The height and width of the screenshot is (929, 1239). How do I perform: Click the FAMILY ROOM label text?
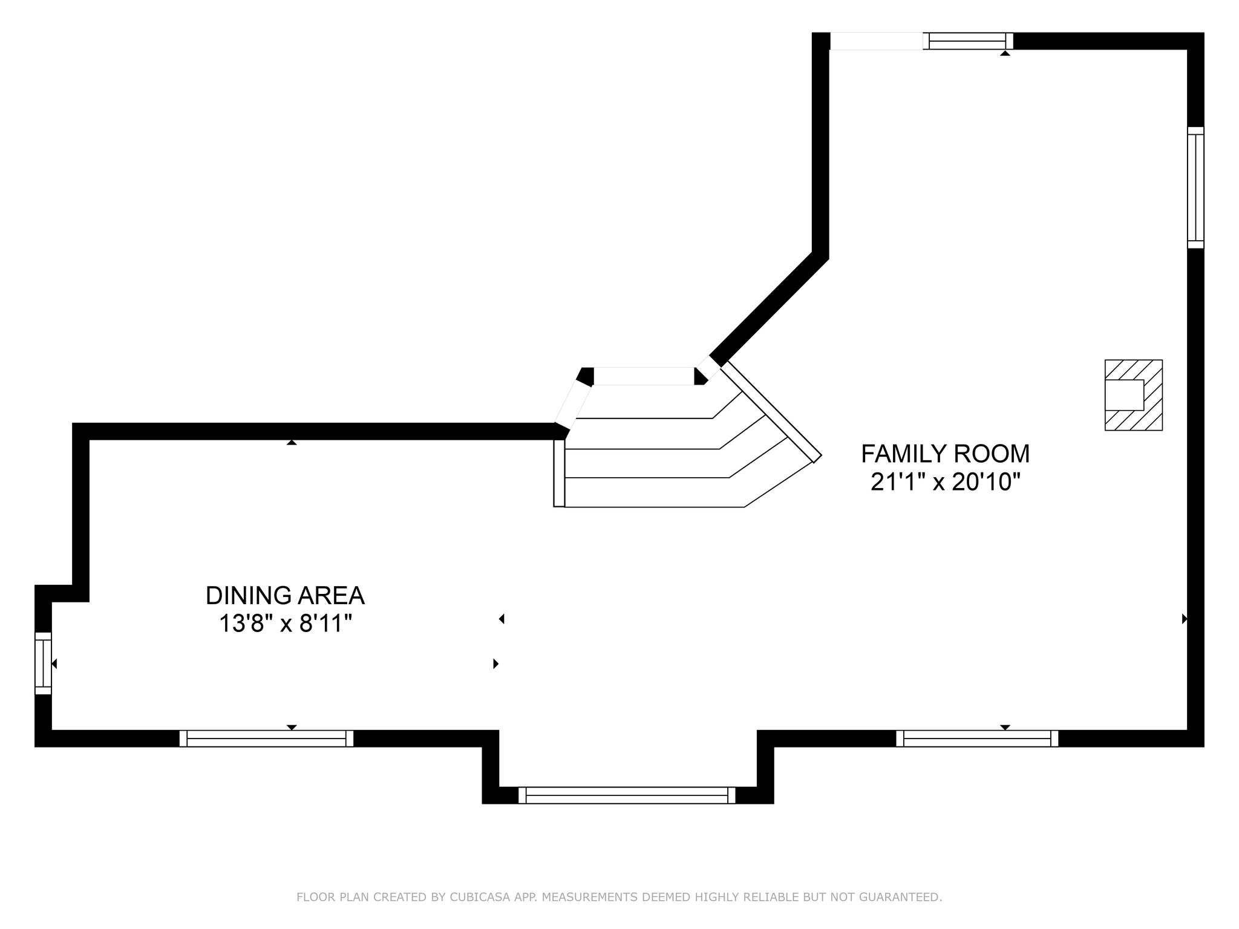pos(945,454)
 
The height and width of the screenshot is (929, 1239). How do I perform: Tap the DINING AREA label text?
pos(285,596)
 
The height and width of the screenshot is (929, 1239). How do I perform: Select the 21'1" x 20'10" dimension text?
pos(945,482)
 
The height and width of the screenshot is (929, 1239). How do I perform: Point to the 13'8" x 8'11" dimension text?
pos(285,624)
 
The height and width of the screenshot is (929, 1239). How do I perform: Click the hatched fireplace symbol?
pos(1134,395)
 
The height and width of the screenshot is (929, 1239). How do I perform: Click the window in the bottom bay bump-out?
pos(627,795)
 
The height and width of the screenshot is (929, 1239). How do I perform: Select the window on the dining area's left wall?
pos(43,663)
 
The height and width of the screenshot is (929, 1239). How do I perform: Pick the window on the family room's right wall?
pos(1195,187)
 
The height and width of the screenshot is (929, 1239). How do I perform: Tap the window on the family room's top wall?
pos(967,41)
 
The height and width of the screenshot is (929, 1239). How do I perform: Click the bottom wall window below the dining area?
pos(266,738)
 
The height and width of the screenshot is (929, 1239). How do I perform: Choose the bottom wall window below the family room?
pos(977,738)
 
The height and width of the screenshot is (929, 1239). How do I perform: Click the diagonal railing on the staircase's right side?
pos(771,412)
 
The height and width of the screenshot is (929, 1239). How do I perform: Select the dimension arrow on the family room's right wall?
pos(1185,619)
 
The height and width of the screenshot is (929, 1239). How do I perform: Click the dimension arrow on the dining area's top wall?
pos(292,442)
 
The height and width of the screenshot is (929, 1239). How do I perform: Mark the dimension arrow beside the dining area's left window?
pos(54,663)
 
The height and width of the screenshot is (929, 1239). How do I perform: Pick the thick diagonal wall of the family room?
pos(768,308)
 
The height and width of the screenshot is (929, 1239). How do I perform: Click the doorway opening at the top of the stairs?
pos(644,376)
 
